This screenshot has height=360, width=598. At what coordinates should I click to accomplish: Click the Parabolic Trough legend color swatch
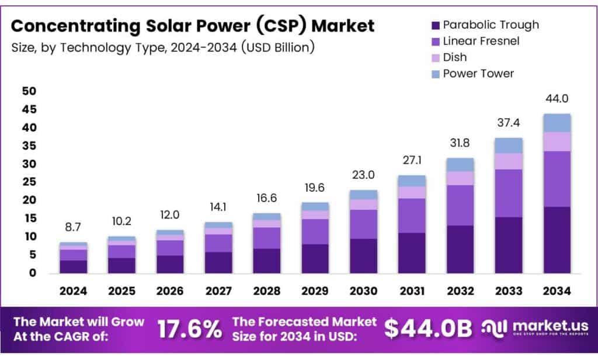coord(435,25)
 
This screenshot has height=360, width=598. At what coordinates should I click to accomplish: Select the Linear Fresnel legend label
coord(481,41)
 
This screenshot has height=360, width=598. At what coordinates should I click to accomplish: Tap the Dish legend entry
coord(455,57)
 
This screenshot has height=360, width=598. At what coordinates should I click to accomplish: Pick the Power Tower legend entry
coord(478,74)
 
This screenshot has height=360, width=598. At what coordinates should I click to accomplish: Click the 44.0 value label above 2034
coord(557,99)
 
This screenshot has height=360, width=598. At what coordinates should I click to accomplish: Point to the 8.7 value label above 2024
coord(73,227)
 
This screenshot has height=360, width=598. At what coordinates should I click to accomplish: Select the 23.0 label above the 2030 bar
coord(363,175)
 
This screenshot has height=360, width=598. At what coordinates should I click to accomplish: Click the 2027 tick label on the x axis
coord(218,290)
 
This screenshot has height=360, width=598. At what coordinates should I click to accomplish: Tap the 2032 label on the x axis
coord(460,290)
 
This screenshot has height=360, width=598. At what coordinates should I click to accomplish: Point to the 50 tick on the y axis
coord(29,91)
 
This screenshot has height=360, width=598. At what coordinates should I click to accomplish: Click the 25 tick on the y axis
coord(29,182)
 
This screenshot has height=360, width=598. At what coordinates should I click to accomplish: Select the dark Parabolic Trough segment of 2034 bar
coord(557,240)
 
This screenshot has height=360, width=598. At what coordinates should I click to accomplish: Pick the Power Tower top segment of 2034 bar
coord(557,123)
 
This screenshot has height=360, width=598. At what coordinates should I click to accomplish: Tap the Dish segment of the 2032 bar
coord(460,178)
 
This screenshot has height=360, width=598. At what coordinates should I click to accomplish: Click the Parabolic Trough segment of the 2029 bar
coord(315,258)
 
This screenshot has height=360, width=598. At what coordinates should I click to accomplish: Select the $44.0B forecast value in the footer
coord(427,329)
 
